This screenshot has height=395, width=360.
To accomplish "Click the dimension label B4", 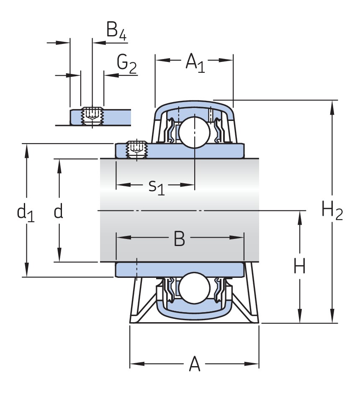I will coord(116,31).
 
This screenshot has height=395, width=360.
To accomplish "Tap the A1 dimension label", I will coord(195,62).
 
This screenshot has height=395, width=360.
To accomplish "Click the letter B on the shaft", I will coord(179,239).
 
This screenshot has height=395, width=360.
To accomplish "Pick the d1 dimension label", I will coord(25,213).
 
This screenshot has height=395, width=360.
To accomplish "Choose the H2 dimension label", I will coord(332,210).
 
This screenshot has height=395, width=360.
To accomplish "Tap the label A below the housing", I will coord(195,364).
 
